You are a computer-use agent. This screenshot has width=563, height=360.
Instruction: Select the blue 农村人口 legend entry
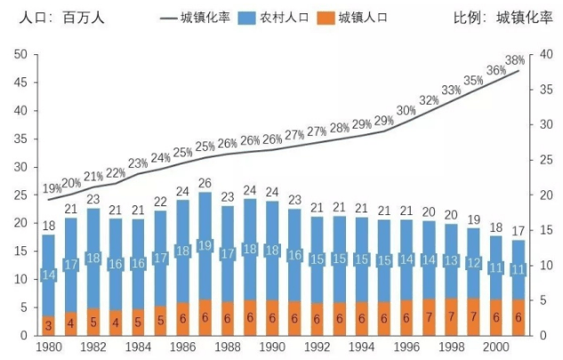click(276, 17)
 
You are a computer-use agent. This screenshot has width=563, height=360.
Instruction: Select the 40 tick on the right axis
click(545, 54)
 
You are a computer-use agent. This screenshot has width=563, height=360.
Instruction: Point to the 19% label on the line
click(51, 188)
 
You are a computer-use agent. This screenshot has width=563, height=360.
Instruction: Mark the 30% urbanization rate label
click(406, 111)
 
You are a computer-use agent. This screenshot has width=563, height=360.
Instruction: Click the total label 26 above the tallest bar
click(205, 183)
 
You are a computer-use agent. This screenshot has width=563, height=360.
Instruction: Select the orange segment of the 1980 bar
click(48, 325)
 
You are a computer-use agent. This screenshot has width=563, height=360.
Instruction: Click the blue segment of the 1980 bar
click(48, 276)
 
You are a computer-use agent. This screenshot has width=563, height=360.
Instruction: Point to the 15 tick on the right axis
click(545, 229)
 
